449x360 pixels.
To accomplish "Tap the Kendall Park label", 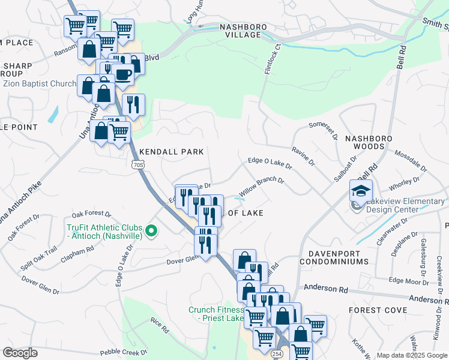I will tap(172, 152).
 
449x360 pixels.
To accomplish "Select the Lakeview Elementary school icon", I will tap(361, 191).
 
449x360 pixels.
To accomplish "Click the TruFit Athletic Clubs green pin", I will tap(152, 230).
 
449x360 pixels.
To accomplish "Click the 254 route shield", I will tap(282, 355).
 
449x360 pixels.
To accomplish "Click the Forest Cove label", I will tap(378, 310).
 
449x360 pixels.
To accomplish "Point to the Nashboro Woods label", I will tap(373, 142).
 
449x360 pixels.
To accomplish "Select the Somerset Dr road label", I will tap(324, 129).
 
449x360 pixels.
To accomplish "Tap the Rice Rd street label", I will tap(158, 325).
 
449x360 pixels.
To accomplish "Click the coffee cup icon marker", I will tap(123, 74).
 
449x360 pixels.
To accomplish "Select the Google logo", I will tap(20, 353).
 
